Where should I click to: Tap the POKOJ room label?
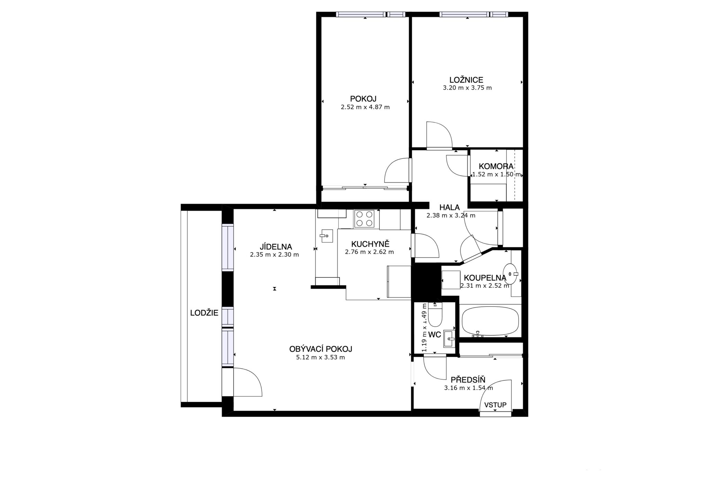[363, 99]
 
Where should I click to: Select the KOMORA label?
[496, 166]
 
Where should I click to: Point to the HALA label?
[449, 208]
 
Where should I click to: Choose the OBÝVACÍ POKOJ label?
[321, 349]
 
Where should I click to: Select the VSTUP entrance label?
[495, 405]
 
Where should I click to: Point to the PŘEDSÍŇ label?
[468, 380]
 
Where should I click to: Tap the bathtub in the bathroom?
[491, 321]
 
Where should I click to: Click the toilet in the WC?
[435, 315]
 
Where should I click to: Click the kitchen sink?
[326, 236]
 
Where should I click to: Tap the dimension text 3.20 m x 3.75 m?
[467, 88]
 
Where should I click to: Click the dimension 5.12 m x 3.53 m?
[321, 357]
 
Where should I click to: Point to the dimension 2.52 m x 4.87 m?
[365, 107]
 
